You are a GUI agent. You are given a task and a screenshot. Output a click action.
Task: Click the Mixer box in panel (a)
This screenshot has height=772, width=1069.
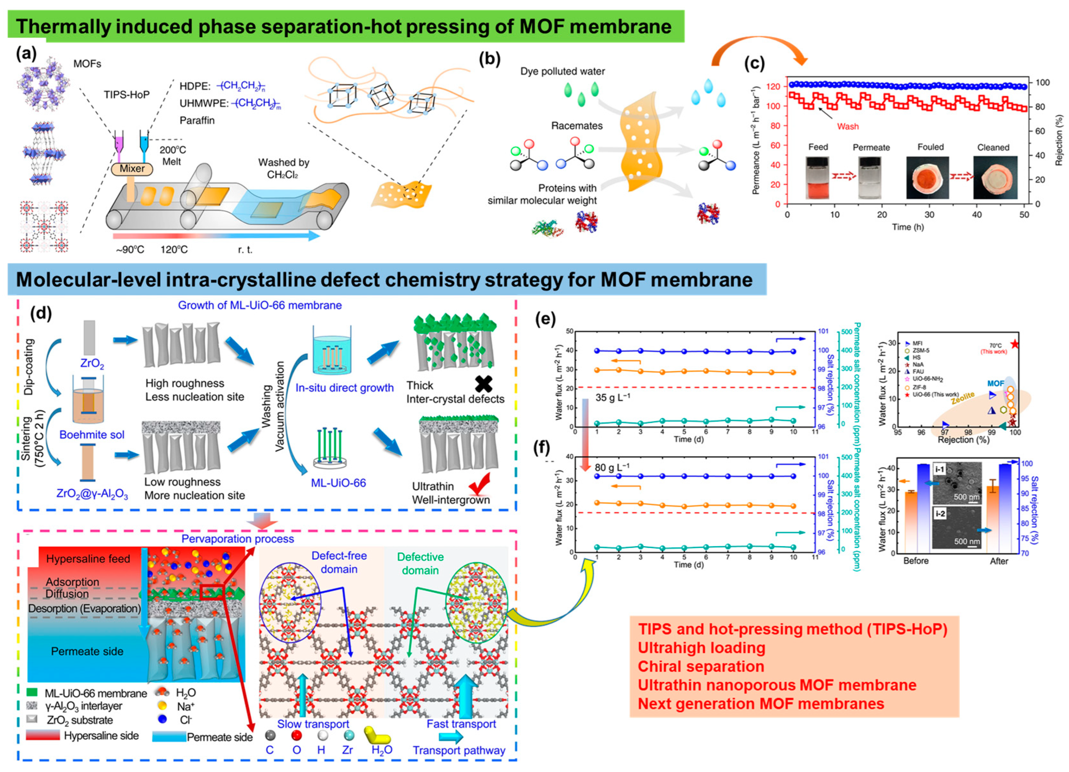[132, 169]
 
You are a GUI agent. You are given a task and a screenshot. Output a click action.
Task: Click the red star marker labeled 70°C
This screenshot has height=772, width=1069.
[1014, 344]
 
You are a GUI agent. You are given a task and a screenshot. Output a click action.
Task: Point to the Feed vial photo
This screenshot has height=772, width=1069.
[818, 178]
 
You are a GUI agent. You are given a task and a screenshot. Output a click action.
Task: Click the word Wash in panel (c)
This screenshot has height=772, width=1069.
[848, 126]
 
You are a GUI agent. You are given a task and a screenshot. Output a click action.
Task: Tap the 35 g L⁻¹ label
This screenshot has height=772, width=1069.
[613, 397]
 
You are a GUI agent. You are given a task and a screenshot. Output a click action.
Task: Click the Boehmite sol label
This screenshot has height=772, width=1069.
[92, 434]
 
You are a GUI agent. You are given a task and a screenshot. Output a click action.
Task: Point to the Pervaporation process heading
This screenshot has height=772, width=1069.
[238, 539]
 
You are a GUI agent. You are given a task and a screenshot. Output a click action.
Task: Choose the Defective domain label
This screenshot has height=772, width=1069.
[420, 563]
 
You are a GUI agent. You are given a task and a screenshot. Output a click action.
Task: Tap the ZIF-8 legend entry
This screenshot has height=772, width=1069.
[919, 387]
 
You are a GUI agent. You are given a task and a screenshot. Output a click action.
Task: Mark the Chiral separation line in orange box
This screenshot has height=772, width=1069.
[700, 666]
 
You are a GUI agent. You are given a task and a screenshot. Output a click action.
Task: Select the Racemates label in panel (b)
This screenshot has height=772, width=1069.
[577, 126]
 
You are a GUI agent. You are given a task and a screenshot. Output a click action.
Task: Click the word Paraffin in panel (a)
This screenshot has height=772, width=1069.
[197, 121]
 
